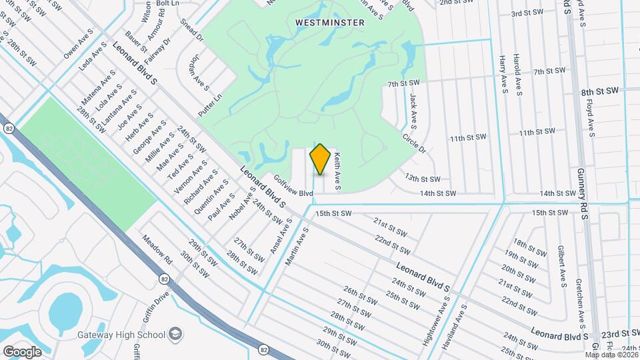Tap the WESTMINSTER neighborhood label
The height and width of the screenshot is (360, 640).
tap(330, 23)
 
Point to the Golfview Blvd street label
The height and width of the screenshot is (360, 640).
tap(294, 185)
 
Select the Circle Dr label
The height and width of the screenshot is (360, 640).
tap(413, 142)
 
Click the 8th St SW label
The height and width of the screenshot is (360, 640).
tap(598, 92)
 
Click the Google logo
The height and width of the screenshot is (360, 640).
tap(22, 351)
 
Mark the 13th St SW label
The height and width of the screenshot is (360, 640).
tap(423, 179)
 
